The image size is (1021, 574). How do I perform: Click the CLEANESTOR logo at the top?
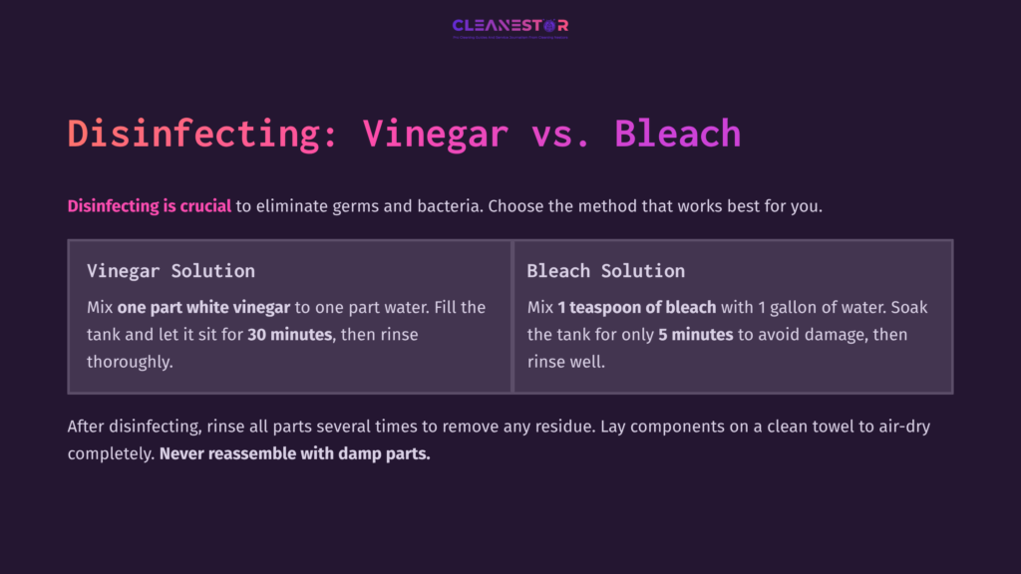coord(510,26)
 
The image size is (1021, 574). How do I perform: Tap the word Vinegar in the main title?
coord(435,134)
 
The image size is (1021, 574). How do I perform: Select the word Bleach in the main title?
coord(677,134)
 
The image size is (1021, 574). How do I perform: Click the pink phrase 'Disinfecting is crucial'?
coord(150,207)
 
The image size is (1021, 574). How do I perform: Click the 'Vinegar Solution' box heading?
coord(170,271)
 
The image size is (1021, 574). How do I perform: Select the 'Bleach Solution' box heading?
coord(605,271)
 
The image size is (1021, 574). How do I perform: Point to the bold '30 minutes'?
coord(289,335)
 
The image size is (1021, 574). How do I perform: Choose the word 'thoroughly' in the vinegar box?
coord(130,362)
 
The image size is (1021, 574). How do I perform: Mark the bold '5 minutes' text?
coord(696,335)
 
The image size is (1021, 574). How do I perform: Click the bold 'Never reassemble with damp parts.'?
coord(294,453)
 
